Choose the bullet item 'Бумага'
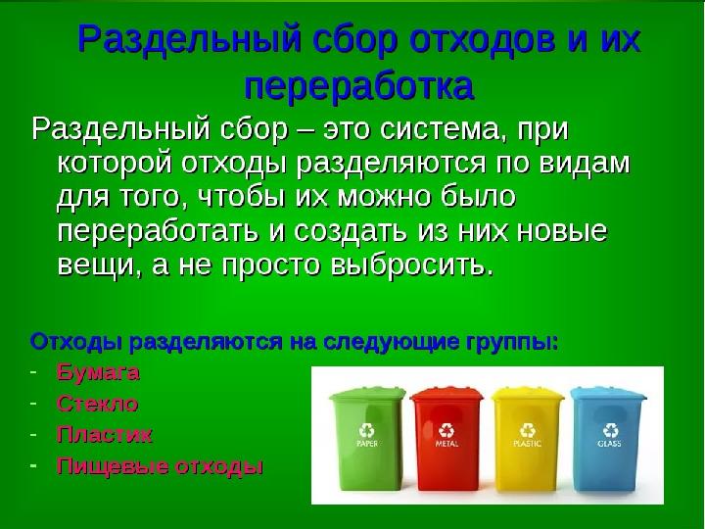tap(98, 372)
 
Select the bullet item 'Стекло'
tap(97, 403)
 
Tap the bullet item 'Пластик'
tap(104, 433)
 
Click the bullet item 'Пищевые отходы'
tap(160, 465)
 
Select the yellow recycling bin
tap(528, 436)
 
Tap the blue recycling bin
tap(609, 436)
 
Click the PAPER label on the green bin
tap(367, 444)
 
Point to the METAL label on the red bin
tap(447, 444)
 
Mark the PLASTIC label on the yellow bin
tap(528, 444)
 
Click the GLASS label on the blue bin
tap(609, 444)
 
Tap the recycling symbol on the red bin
tap(447, 428)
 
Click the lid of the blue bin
tap(609, 394)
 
